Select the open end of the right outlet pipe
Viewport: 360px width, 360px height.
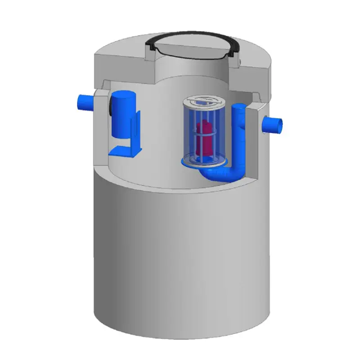pos(279,124)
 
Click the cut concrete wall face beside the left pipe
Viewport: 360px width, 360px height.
pos(101,117)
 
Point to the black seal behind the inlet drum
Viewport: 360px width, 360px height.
pos(110,107)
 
